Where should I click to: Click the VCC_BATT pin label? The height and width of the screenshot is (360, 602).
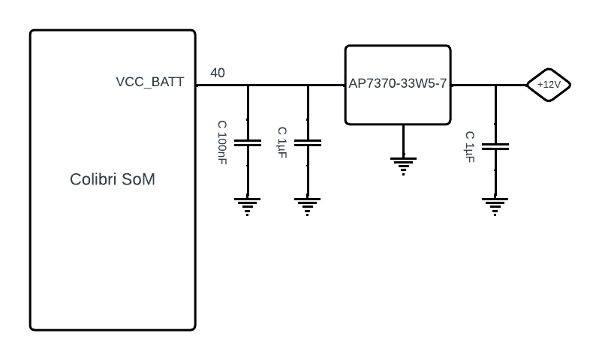click(x=149, y=82)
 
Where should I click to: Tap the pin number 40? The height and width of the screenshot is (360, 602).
click(x=218, y=73)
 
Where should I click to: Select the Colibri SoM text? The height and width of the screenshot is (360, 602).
click(x=113, y=179)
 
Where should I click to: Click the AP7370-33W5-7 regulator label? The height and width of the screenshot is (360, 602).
click(x=397, y=83)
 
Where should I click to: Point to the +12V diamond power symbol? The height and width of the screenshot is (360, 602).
click(x=549, y=85)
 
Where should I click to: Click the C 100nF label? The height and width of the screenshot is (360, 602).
click(x=222, y=142)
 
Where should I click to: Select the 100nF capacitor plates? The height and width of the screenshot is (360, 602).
click(x=248, y=142)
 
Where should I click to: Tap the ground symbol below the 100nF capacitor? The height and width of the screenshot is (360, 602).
click(x=247, y=206)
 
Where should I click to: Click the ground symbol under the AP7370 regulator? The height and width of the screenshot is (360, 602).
click(x=403, y=166)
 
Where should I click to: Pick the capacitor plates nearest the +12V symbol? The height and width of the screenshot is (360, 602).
click(x=495, y=146)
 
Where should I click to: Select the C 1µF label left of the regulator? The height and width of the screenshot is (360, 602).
click(x=282, y=142)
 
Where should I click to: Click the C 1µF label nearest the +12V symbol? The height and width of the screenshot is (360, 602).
click(x=470, y=147)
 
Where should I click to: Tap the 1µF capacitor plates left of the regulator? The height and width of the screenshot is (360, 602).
click(x=308, y=142)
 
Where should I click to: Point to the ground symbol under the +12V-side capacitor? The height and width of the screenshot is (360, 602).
click(x=495, y=206)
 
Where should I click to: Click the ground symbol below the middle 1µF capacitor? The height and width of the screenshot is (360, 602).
click(x=307, y=206)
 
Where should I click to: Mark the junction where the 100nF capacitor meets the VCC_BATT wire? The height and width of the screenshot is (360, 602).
click(x=248, y=85)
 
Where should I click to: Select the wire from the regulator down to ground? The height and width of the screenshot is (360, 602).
click(x=404, y=141)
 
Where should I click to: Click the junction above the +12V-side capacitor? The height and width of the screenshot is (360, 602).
click(x=495, y=85)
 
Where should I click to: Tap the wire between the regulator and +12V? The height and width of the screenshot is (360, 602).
click(x=489, y=85)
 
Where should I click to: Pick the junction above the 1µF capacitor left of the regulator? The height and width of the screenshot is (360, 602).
click(x=308, y=85)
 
